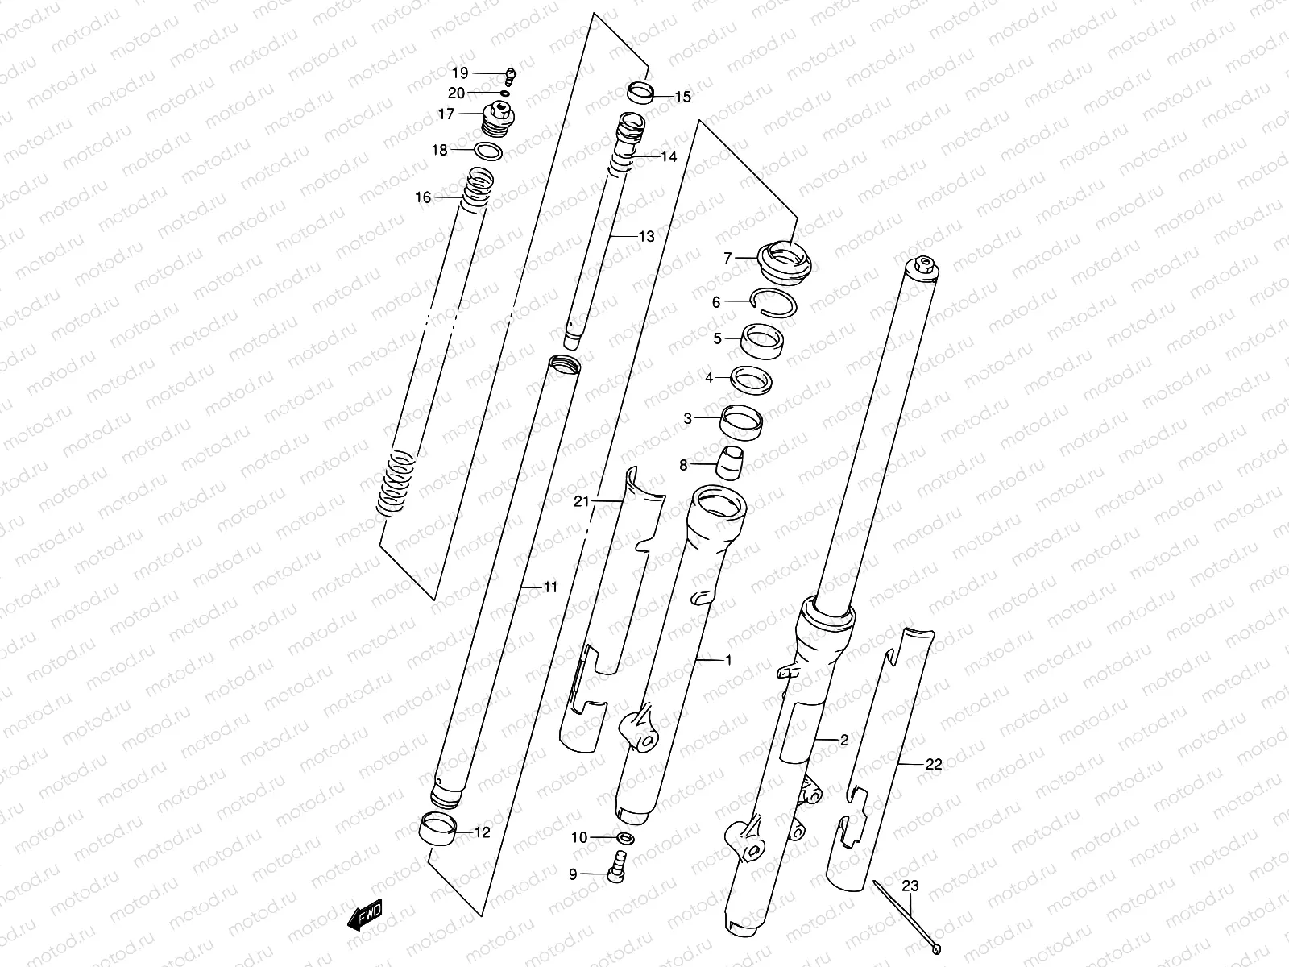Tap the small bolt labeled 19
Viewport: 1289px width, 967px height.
[509, 77]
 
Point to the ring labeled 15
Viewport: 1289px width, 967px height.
[640, 93]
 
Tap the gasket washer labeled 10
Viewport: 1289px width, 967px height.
[626, 838]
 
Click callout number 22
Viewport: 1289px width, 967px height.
[933, 764]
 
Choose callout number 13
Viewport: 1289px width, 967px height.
[646, 236]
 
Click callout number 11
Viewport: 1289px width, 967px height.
[549, 587]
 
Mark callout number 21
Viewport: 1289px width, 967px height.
[582, 501]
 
